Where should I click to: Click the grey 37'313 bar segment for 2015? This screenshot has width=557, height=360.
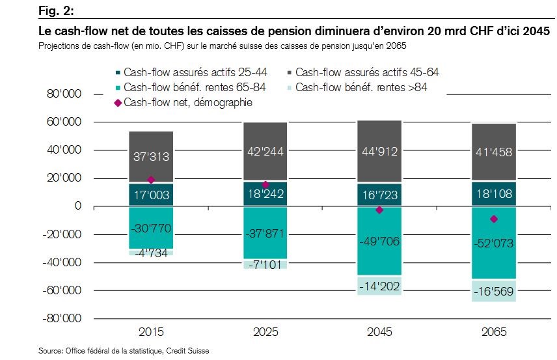pyautogui.click(x=151, y=157)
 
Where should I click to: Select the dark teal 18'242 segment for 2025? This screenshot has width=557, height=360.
pyautogui.click(x=265, y=194)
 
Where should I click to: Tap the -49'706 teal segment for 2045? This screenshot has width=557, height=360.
pyautogui.click(x=379, y=242)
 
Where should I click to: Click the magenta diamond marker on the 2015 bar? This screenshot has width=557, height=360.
pyautogui.click(x=151, y=180)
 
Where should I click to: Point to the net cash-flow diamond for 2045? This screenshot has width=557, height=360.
pyautogui.click(x=379, y=210)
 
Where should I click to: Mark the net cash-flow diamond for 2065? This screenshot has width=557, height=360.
pyautogui.click(x=494, y=219)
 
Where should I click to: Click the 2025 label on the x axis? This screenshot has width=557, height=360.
pyautogui.click(x=265, y=332)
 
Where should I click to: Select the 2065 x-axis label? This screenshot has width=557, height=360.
pyautogui.click(x=494, y=332)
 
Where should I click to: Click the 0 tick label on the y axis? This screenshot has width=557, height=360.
pyautogui.click(x=77, y=206)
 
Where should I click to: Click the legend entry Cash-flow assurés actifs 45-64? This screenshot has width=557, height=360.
pyautogui.click(x=372, y=72)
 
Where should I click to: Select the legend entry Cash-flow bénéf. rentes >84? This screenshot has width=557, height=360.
pyautogui.click(x=372, y=87)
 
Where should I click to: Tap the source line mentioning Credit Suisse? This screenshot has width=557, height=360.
pyautogui.click(x=124, y=351)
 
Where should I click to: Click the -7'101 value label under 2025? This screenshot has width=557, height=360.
pyautogui.click(x=265, y=264)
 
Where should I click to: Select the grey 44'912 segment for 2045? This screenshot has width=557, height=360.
pyautogui.click(x=379, y=154)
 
